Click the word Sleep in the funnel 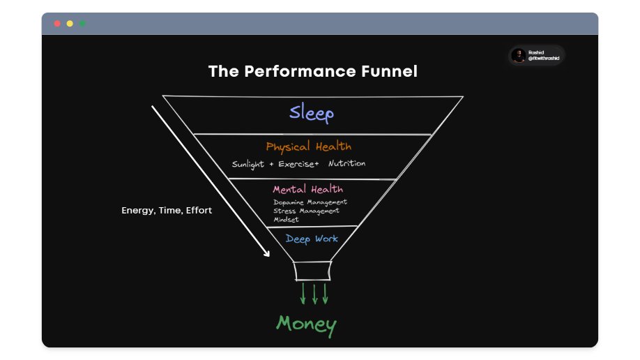tap(312, 113)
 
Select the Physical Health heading tap(308, 147)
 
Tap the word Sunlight tap(248, 165)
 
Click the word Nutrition tap(346, 164)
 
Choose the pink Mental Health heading tap(307, 189)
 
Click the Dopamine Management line tap(310, 202)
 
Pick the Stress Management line tap(306, 211)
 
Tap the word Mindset tap(286, 219)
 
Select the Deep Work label tap(312, 239)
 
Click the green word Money tap(306, 324)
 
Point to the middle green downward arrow tap(314, 294)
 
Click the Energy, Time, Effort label tap(167, 210)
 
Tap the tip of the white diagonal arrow tap(268, 255)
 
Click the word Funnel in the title tap(386, 71)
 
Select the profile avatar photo tap(518, 56)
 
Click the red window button tap(57, 24)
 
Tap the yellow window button tap(70, 24)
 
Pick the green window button tap(82, 24)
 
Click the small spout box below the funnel tap(312, 271)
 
